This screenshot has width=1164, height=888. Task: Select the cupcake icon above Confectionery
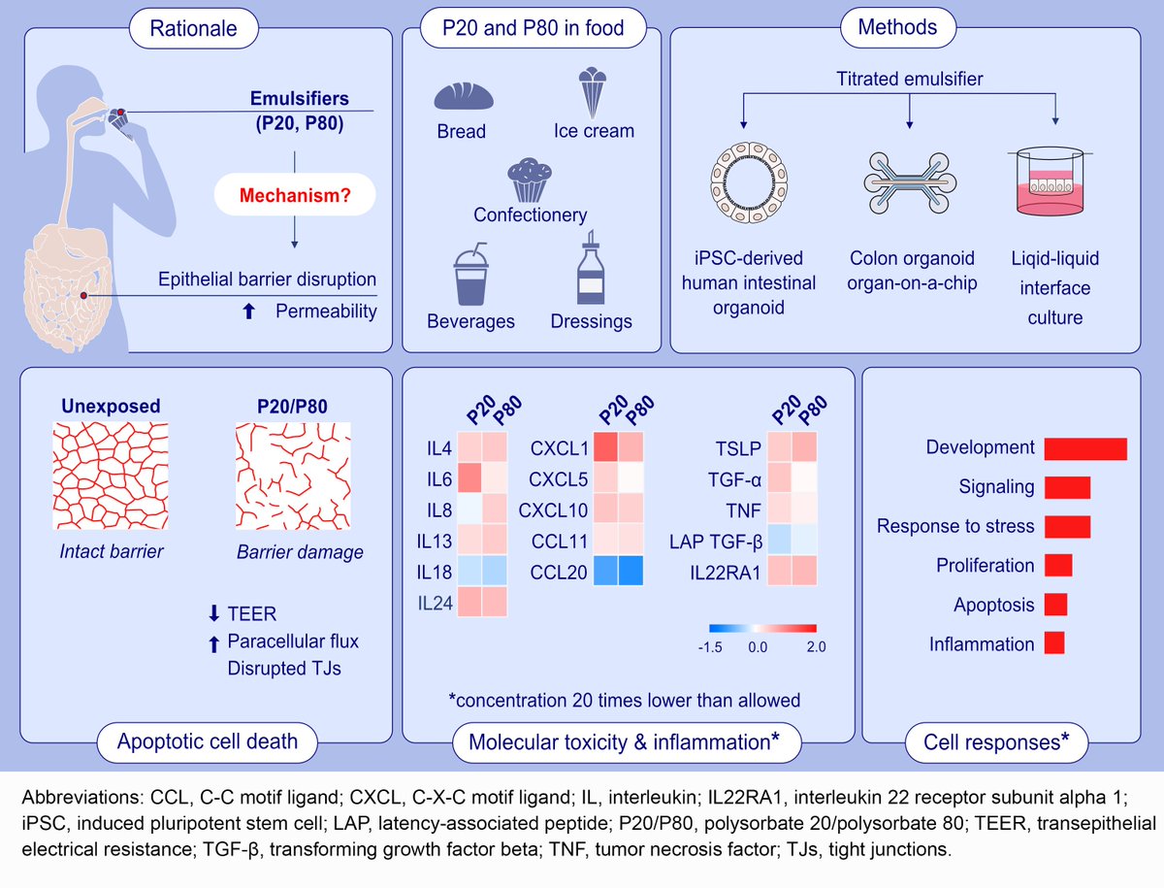(x=530, y=181)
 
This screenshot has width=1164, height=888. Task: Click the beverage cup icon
(x=470, y=274)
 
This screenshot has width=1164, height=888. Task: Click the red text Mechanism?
(x=295, y=195)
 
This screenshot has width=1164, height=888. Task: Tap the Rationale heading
(x=193, y=28)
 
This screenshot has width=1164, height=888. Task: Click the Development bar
(x=1085, y=448)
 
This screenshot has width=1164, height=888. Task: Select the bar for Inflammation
(x=1055, y=643)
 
